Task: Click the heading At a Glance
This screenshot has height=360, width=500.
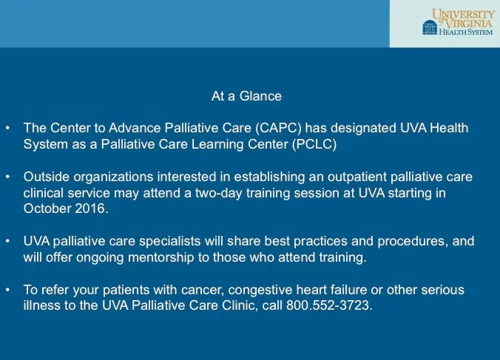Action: click(x=246, y=96)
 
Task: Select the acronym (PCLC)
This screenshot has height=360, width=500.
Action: click(x=311, y=144)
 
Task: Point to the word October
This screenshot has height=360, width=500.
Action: click(x=46, y=208)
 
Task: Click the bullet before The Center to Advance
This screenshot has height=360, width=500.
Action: click(x=7, y=128)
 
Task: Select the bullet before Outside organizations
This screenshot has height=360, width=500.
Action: click(x=7, y=177)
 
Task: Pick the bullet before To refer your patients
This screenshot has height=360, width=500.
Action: click(x=7, y=290)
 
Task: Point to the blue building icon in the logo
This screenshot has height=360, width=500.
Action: click(x=429, y=27)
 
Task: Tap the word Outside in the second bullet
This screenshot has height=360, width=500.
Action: click(x=44, y=177)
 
